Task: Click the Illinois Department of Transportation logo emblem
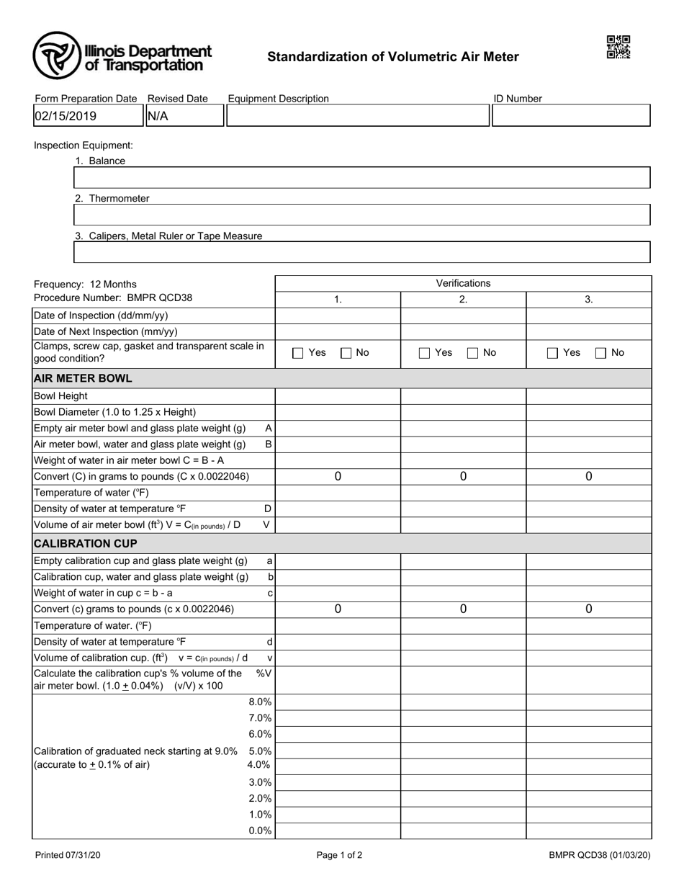[x=56, y=55]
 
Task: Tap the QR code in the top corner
[x=618, y=47]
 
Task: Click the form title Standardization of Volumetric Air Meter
[x=393, y=57]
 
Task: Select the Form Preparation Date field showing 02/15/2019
[x=88, y=116]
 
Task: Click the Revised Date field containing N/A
[x=185, y=116]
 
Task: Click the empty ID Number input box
[x=571, y=116]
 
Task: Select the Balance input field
[x=362, y=178]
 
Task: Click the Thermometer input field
[x=362, y=215]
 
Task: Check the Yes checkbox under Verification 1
[x=298, y=353]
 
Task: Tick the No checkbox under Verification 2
[x=473, y=353]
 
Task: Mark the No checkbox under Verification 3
[x=601, y=353]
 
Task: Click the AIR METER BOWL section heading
[x=83, y=378]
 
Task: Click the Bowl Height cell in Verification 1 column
[x=338, y=395]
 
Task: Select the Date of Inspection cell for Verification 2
[x=463, y=315]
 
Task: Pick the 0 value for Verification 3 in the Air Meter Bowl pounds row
[x=588, y=476]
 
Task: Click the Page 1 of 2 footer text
[x=339, y=856]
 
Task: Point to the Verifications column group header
[x=463, y=283]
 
